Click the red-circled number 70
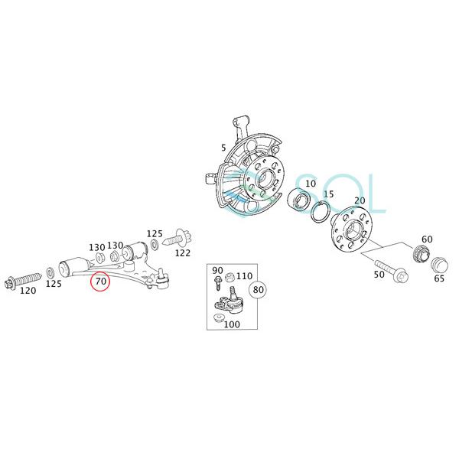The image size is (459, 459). point(100,282)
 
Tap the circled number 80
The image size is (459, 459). point(259,290)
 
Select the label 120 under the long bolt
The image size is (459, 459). point(28,291)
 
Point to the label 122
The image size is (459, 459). point(183,252)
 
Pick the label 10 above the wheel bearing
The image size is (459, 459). point(310,184)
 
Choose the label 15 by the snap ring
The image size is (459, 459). point(329,194)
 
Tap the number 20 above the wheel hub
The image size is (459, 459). point(359,200)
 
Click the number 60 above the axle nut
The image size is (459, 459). point(427,239)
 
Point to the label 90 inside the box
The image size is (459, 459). point(217,270)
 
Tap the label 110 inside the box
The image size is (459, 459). point(244,275)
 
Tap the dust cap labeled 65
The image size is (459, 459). point(438,265)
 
